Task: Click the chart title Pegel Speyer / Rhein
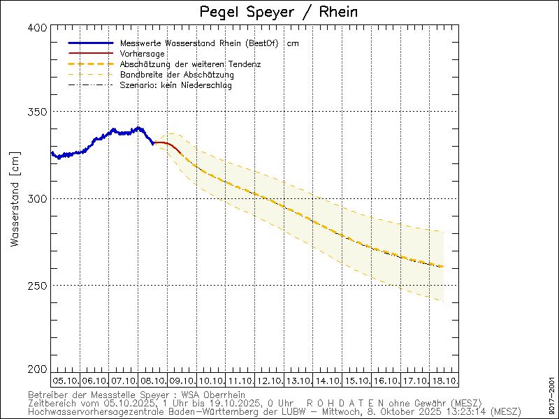click(278, 12)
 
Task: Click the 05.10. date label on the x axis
click(65, 381)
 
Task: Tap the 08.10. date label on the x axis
click(152, 381)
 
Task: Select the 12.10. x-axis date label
click(269, 381)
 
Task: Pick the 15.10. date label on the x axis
click(356, 381)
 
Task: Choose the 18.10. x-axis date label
click(444, 381)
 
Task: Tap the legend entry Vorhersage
click(143, 54)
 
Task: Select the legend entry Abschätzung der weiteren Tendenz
click(190, 64)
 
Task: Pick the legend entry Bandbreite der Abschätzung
click(177, 75)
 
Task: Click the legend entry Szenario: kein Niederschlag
click(176, 85)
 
